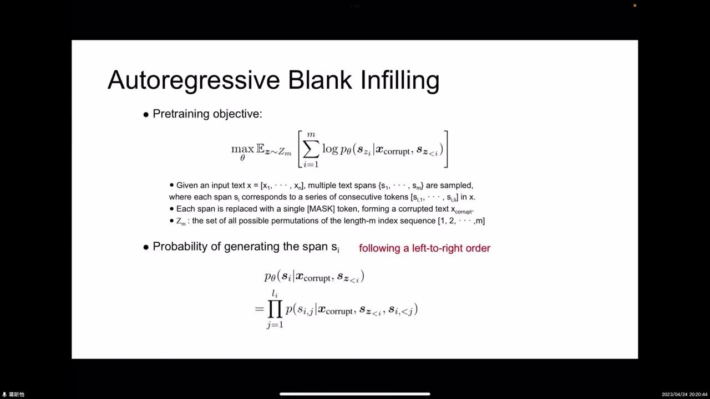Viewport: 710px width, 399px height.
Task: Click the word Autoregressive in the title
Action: coord(193,80)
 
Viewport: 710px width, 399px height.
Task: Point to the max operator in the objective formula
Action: coord(242,149)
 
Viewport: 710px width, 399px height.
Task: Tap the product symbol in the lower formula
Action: coord(275,309)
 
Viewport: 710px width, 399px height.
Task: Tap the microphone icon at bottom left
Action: coord(4,395)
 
